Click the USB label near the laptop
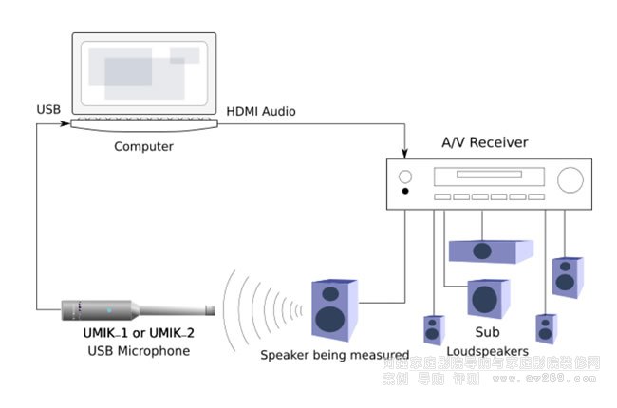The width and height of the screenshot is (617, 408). tap(47, 109)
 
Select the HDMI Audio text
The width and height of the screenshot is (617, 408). tap(260, 112)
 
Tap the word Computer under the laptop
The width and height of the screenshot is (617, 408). tap(143, 146)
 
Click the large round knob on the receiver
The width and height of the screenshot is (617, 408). tap(569, 180)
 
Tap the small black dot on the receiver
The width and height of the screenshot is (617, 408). tap(406, 192)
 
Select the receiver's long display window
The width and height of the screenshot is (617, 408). tap(489, 176)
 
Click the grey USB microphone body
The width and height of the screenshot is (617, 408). tap(104, 310)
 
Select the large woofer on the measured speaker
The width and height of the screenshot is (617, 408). tap(331, 317)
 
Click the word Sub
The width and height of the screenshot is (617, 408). tap(487, 334)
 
